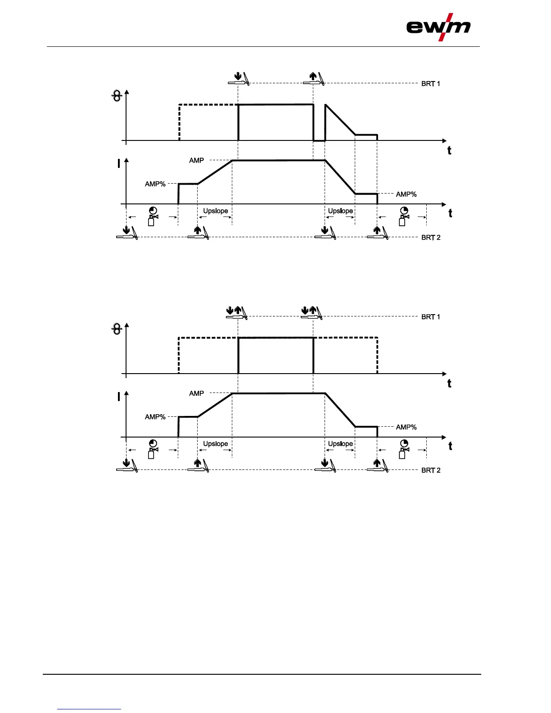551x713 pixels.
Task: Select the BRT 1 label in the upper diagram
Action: [430, 84]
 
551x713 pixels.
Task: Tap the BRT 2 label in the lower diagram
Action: [430, 470]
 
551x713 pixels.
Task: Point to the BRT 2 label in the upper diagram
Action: [430, 238]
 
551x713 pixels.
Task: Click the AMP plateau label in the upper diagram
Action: [196, 160]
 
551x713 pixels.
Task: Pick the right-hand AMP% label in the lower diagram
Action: [406, 427]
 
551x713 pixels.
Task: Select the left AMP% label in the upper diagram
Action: [155, 184]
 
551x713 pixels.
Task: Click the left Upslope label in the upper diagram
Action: [215, 211]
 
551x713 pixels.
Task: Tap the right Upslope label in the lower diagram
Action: [340, 444]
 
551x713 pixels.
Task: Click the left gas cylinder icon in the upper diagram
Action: [153, 217]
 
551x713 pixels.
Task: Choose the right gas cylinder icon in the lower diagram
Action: [403, 449]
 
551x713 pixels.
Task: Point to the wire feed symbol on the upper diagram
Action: [117, 96]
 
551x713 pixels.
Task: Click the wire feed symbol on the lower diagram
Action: [117, 329]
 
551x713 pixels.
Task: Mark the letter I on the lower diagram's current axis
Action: [119, 397]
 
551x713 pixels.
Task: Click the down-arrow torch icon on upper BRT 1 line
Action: [239, 79]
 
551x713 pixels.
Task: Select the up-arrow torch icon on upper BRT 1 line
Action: [314, 79]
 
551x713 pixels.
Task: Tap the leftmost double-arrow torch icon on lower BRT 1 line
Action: [236, 312]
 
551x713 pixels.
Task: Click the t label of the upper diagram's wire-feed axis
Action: [449, 151]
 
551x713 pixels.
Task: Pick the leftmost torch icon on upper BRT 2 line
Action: [127, 233]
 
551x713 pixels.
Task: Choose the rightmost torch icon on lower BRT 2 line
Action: [378, 465]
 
